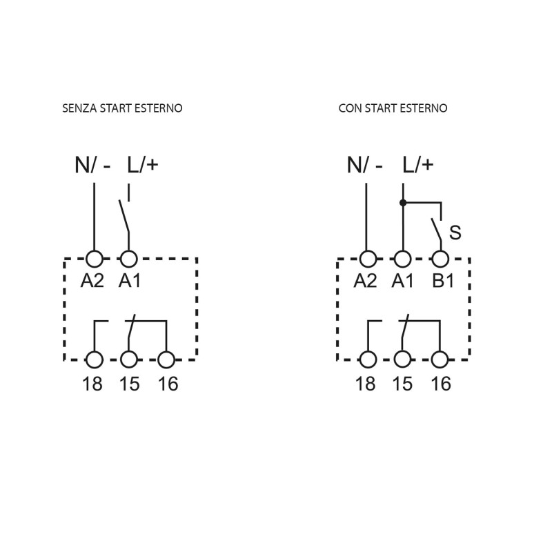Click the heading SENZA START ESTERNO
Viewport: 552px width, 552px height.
click(x=122, y=108)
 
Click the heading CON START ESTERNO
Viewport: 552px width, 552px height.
click(x=393, y=108)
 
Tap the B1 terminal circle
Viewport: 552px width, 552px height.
click(x=440, y=259)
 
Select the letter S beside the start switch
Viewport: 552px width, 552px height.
click(x=455, y=233)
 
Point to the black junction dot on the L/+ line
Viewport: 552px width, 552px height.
click(x=403, y=203)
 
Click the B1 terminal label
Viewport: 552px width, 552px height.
click(x=443, y=281)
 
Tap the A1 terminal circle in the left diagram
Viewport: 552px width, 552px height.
click(x=129, y=259)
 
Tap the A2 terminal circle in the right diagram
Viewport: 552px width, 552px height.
click(x=368, y=259)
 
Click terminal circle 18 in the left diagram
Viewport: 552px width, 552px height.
click(x=95, y=359)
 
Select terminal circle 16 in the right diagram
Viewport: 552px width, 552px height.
click(x=440, y=359)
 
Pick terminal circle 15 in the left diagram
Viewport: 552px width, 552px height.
click(x=129, y=359)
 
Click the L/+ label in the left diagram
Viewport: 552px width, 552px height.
click(x=143, y=165)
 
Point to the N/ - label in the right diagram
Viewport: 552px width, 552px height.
click(x=365, y=165)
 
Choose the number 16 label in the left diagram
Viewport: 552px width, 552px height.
click(x=168, y=384)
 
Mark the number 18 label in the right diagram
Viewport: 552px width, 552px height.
click(x=366, y=384)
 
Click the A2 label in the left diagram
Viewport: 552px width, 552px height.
click(x=92, y=281)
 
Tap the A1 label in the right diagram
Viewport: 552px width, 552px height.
click(x=402, y=281)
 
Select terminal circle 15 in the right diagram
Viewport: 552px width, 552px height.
click(x=402, y=359)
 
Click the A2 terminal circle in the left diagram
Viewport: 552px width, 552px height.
click(x=95, y=259)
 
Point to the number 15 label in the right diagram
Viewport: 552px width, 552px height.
click(x=402, y=384)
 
